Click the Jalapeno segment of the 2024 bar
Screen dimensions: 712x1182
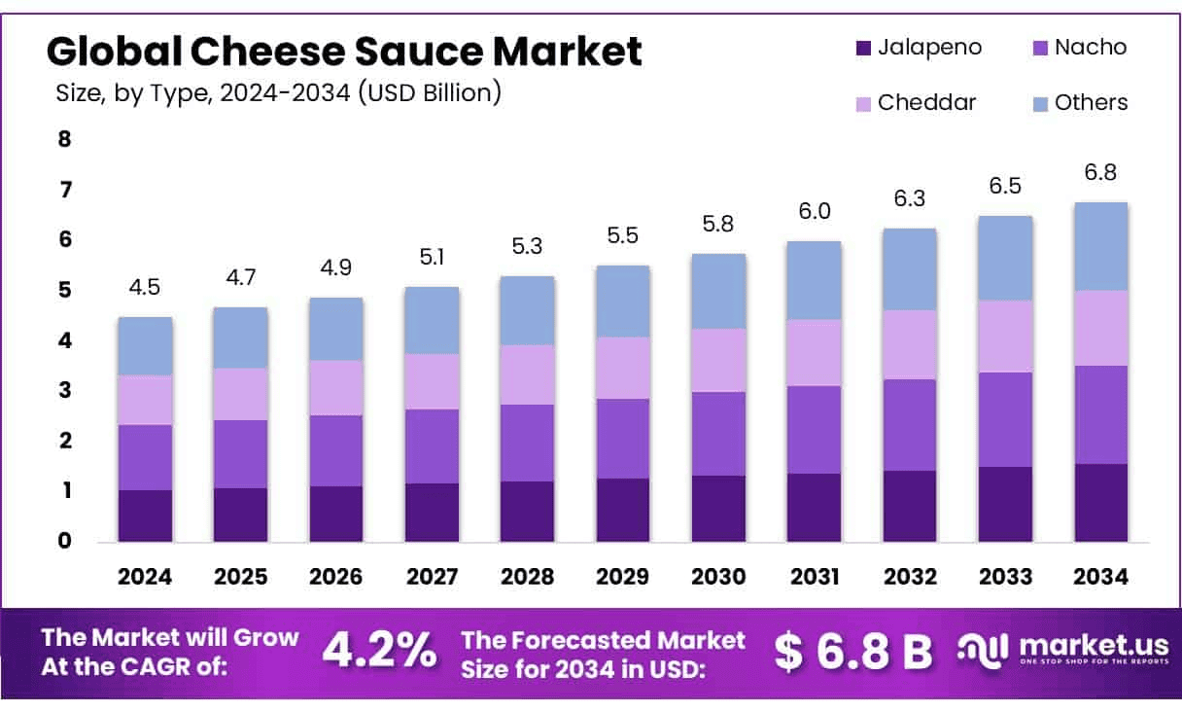145,516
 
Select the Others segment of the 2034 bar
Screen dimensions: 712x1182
1100,246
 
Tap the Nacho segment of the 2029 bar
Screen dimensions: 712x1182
623,438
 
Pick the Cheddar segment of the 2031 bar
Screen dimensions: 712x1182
814,352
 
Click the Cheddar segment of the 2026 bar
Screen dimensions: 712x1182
336,387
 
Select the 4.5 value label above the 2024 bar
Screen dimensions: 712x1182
145,289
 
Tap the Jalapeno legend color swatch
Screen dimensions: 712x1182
862,48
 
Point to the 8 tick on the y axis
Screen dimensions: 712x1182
65,138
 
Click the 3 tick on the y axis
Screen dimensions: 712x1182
65,390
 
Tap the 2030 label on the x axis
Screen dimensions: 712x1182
718,576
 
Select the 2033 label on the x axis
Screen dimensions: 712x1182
1006,576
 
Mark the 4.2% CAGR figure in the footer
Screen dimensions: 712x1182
379,651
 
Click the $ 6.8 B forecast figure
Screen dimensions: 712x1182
853,652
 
